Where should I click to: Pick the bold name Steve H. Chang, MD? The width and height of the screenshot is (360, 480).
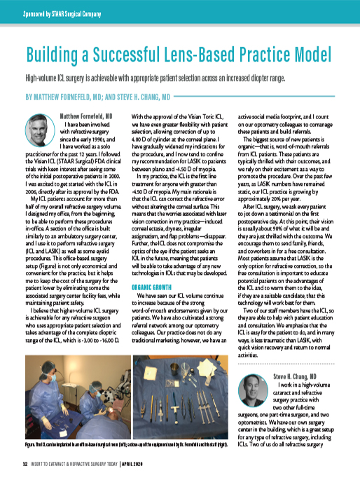click(x=298, y=376)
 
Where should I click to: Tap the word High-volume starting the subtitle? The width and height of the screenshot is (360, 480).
click(x=45, y=78)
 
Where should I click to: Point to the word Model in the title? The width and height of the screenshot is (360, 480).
click(x=309, y=55)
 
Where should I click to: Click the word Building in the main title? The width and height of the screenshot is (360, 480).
click(x=55, y=55)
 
